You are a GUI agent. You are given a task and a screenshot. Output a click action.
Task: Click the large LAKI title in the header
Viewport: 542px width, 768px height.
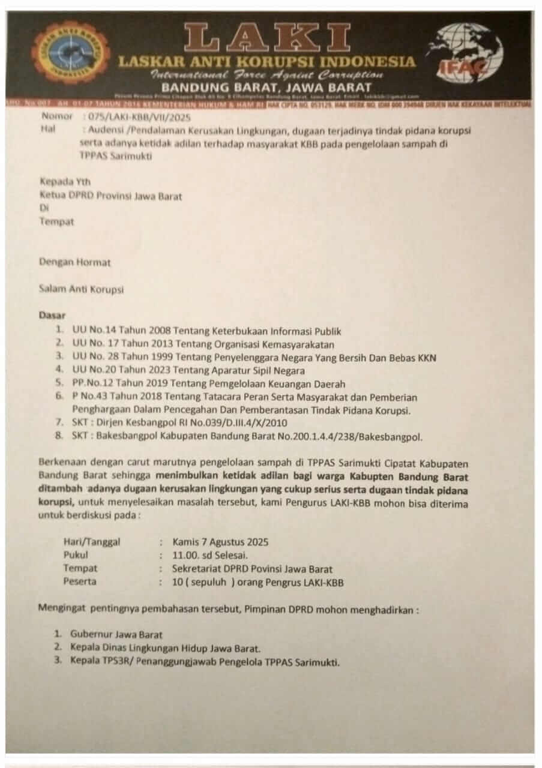coord(268,38)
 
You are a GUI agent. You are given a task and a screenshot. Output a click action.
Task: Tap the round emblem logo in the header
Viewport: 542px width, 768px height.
coord(71,52)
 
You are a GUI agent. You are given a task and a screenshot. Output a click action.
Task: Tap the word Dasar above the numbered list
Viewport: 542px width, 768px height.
coord(52,315)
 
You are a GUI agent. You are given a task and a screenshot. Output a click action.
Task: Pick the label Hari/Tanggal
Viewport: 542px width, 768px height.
coord(92,542)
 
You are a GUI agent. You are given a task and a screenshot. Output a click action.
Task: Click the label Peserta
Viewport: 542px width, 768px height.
coord(80,581)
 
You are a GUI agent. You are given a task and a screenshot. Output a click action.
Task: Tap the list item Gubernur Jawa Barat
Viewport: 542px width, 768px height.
coord(116,634)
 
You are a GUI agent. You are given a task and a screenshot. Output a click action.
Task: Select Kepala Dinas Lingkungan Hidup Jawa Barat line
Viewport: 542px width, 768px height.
coord(166,648)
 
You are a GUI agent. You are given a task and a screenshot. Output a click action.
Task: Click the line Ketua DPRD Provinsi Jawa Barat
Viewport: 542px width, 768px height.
coord(110,196)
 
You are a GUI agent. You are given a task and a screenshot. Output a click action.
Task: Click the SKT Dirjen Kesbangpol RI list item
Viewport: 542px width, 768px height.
coord(179,423)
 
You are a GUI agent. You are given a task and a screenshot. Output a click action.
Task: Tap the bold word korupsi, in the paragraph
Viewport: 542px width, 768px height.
coord(57,502)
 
